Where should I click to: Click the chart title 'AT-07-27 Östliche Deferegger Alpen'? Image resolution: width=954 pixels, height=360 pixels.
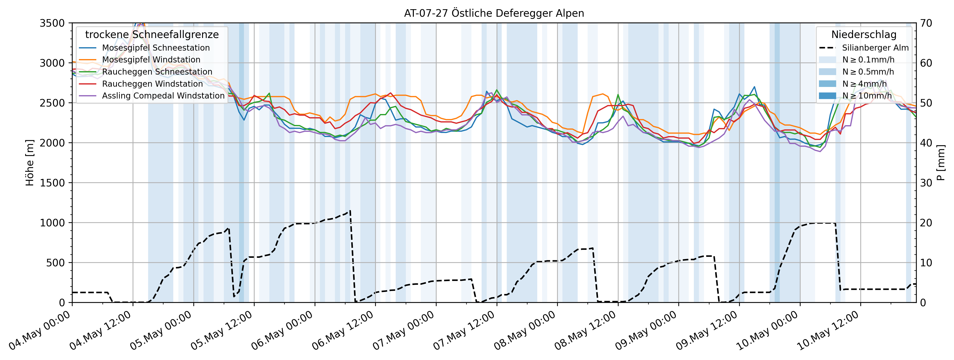tap(494, 13)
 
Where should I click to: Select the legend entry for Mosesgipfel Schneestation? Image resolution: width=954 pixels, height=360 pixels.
tap(156, 48)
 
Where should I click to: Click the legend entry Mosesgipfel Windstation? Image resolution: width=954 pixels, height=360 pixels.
tap(151, 60)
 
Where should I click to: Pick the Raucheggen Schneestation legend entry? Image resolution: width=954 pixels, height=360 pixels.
tap(157, 72)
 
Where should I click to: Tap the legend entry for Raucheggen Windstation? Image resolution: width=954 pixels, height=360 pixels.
tap(152, 84)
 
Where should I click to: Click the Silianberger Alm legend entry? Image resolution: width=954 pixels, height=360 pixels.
tap(875, 48)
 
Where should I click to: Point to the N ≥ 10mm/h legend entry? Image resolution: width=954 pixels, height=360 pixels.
tap(867, 96)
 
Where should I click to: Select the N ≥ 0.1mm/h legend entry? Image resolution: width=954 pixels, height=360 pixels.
tap(868, 60)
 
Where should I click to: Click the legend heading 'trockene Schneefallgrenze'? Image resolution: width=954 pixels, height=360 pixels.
tap(152, 34)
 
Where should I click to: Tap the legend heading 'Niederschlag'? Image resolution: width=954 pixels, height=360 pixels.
tap(864, 34)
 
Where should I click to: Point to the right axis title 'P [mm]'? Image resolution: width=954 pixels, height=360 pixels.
tap(941, 163)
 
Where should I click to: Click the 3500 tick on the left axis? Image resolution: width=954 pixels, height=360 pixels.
tap(52, 23)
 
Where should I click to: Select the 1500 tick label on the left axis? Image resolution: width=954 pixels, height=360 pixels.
tap(52, 183)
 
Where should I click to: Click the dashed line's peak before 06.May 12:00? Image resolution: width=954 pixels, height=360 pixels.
tap(350, 211)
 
